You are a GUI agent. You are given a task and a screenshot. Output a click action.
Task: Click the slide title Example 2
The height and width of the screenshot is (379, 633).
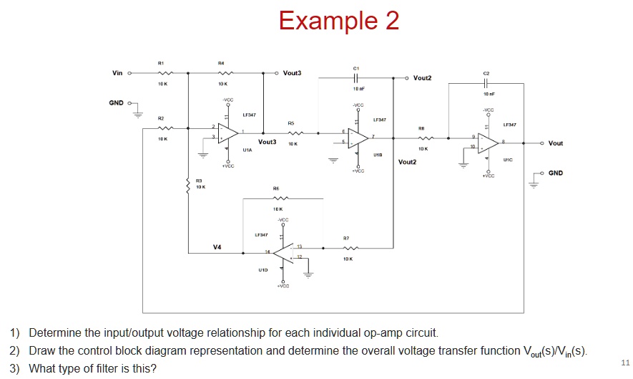tap(338, 21)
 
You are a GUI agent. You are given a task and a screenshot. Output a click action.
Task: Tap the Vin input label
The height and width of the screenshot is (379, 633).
tap(117, 72)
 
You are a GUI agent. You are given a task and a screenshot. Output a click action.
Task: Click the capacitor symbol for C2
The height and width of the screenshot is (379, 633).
tap(486, 83)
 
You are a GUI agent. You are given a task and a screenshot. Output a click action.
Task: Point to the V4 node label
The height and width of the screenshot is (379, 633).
tap(217, 247)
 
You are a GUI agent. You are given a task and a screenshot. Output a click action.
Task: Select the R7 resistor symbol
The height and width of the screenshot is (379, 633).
tap(346, 248)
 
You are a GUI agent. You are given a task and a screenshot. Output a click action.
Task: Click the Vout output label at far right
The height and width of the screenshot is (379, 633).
tap(555, 143)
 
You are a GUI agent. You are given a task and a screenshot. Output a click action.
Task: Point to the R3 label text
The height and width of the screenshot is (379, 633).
tap(200, 181)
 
